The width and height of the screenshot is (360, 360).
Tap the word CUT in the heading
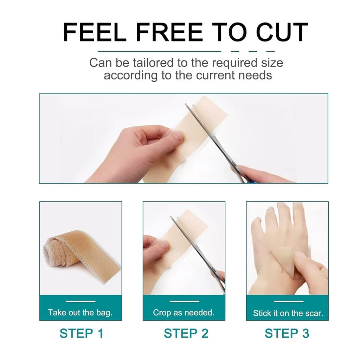coord(282,32)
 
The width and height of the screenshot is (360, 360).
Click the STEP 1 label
coord(81,333)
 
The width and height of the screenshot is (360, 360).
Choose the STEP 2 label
coord(186,333)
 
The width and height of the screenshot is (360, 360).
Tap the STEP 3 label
coord(287,333)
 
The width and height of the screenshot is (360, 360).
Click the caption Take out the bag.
coord(80,313)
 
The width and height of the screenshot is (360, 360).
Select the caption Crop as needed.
coord(184,313)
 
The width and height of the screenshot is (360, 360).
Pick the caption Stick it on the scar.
coord(288,313)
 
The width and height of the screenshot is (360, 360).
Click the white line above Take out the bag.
coord(81,301)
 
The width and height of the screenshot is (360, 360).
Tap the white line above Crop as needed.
coord(184,301)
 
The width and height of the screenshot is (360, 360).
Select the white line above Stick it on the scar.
coord(288,301)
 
